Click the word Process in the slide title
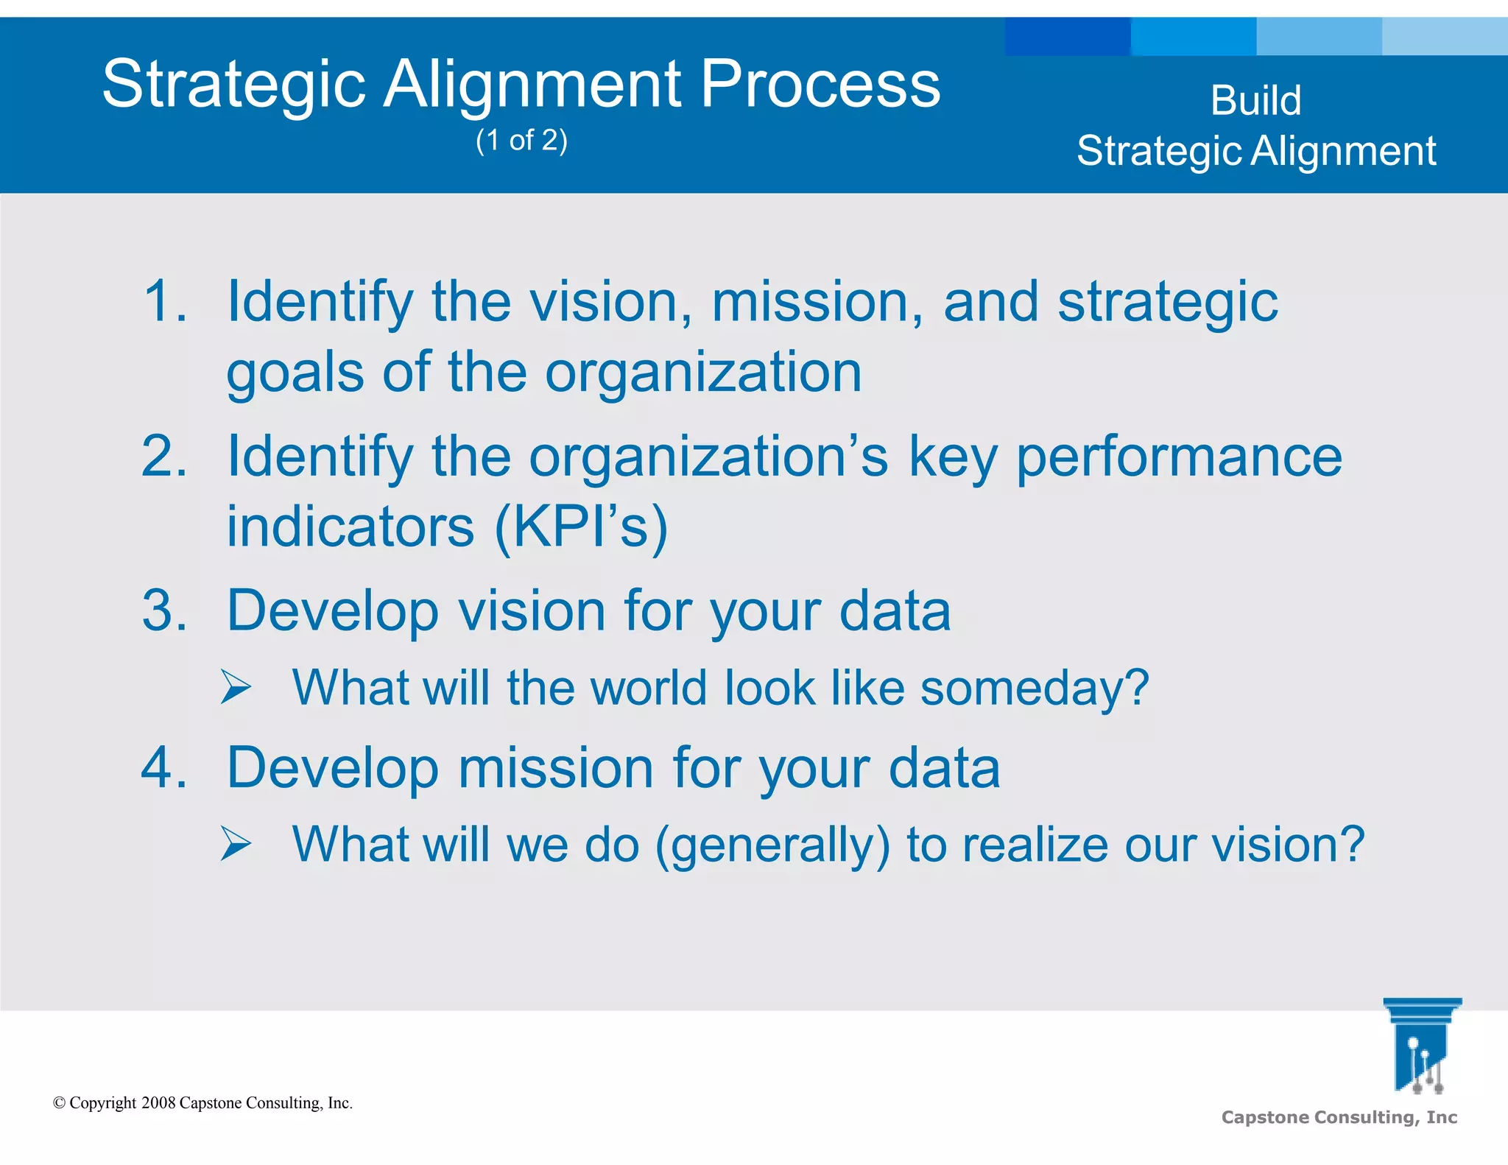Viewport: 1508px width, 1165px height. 820,84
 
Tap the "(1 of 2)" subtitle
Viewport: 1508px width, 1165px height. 521,140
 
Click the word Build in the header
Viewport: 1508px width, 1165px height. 1255,100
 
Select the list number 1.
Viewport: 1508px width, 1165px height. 164,300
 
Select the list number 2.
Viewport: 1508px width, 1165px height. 164,456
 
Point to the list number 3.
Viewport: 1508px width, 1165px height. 164,610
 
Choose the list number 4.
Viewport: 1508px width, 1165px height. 164,767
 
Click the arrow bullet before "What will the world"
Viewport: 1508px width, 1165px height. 236,688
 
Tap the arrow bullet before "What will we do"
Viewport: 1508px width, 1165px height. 236,844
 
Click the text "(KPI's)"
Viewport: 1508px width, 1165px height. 580,527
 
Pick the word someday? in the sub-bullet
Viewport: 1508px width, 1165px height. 1035,688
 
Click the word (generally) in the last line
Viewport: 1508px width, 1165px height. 772,845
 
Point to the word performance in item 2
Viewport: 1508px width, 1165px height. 1179,457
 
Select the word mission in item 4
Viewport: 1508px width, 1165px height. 556,767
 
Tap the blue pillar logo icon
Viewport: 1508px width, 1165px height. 1421,1046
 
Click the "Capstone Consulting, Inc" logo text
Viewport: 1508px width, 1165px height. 1339,1117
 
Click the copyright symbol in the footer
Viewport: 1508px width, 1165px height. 60,1103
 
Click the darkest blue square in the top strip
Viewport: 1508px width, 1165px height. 1067,37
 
